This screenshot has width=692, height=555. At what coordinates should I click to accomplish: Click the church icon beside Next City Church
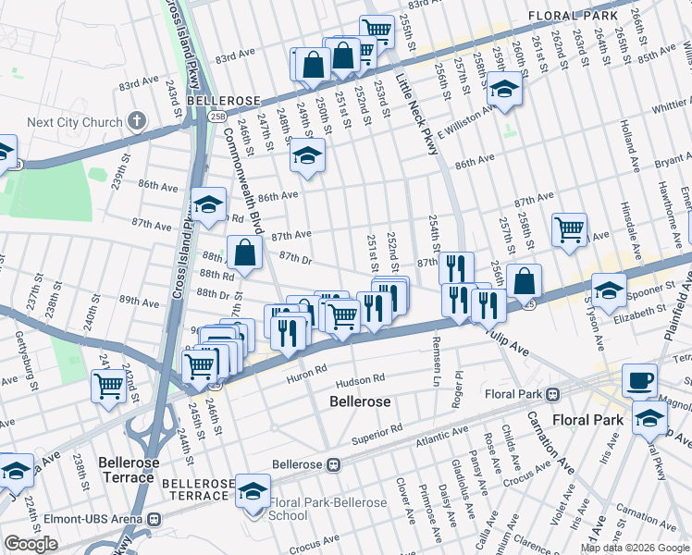(137, 121)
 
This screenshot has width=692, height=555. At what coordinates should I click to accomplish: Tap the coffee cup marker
(638, 380)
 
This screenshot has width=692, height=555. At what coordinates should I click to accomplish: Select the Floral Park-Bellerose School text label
(327, 509)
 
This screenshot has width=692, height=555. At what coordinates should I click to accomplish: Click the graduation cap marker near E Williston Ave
(504, 90)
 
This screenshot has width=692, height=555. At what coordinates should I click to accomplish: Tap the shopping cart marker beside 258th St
(569, 228)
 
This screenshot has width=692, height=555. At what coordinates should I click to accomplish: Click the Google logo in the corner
(31, 544)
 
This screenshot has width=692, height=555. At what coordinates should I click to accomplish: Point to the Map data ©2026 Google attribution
(635, 548)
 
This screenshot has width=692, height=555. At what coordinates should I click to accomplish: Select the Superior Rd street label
(377, 429)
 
